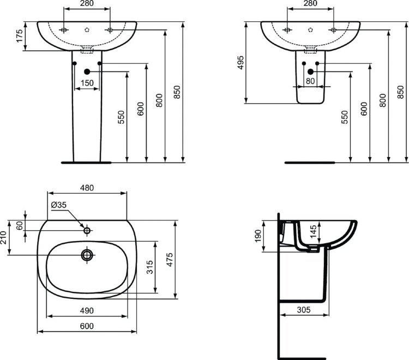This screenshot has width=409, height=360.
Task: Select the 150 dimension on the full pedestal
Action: [x=87, y=83]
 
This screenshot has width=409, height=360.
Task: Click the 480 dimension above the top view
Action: [x=87, y=187]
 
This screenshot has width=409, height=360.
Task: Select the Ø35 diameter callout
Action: [x=58, y=205]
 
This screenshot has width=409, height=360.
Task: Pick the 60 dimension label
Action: [x=20, y=225]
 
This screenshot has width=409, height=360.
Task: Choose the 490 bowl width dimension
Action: [x=87, y=310]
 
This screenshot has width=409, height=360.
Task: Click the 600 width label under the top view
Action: [x=87, y=326]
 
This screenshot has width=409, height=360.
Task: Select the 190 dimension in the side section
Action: [x=258, y=236]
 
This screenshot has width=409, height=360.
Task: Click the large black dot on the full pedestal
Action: [x=87, y=71]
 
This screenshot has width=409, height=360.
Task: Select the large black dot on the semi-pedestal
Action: [x=310, y=71]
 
